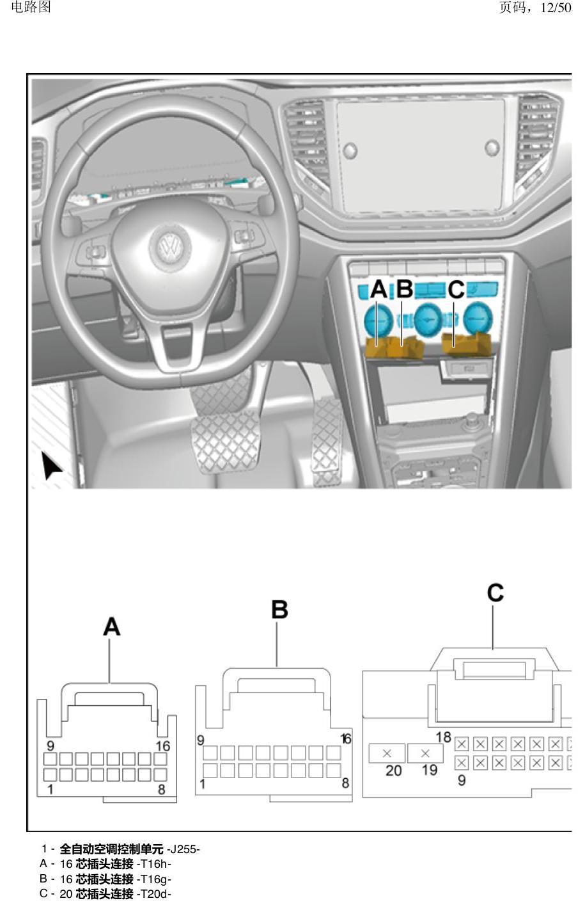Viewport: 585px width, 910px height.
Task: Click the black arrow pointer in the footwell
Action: point(51,466)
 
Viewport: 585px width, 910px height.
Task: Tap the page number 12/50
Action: point(556,8)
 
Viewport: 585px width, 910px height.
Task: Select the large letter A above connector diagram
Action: point(112,627)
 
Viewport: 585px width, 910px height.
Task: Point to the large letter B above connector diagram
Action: point(279,611)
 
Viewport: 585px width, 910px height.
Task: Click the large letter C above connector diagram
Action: point(495,593)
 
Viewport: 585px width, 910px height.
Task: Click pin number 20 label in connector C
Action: point(393,770)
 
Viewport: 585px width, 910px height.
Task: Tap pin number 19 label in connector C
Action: point(430,770)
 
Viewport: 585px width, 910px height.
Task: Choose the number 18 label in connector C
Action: point(443,737)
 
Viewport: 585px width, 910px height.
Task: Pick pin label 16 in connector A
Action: point(163,746)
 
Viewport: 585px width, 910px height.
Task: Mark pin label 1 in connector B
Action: point(202,784)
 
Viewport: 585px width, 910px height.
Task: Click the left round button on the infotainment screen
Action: point(350,150)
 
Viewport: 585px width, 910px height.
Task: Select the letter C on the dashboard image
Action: point(456,290)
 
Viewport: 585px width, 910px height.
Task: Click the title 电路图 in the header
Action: point(31,6)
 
